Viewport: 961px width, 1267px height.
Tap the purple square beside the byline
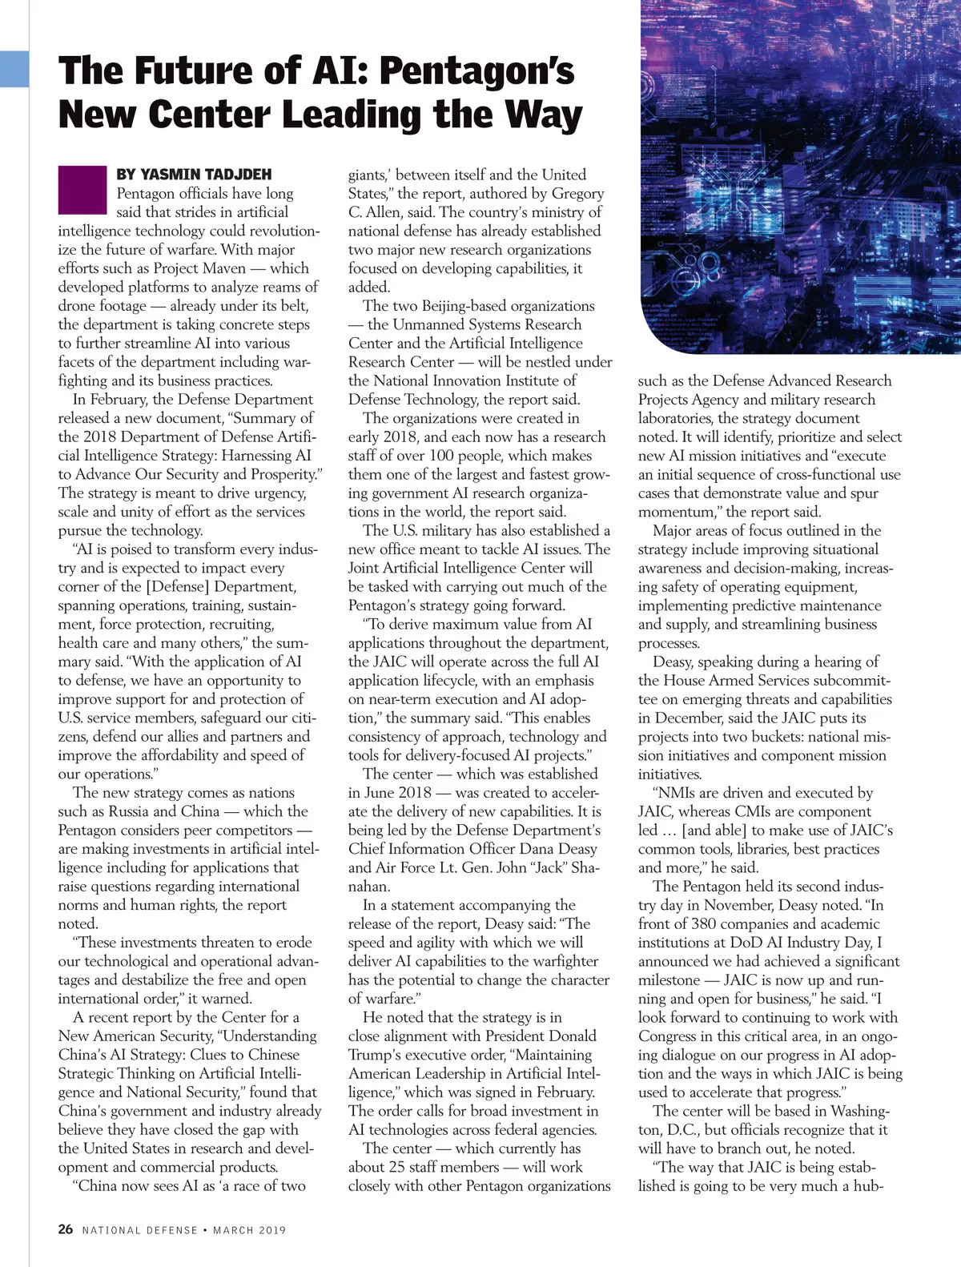pyautogui.click(x=82, y=190)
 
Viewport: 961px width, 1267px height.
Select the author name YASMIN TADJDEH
pyautogui.click(x=194, y=174)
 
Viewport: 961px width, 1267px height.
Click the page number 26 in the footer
pyautogui.click(x=66, y=1229)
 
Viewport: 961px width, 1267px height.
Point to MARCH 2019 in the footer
pyautogui.click(x=251, y=1229)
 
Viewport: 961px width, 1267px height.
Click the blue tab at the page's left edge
pyautogui.click(x=14, y=68)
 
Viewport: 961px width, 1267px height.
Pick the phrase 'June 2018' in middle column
pyautogui.click(x=397, y=792)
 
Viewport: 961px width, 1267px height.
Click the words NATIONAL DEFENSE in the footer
pyautogui.click(x=139, y=1229)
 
